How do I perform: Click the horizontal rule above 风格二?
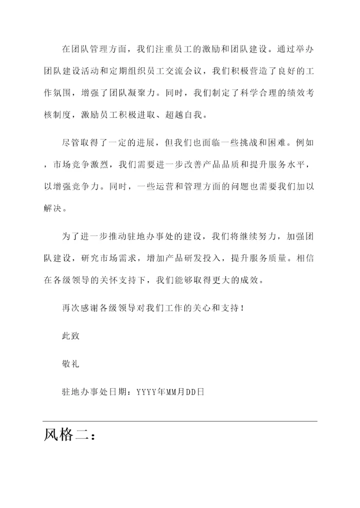point(180,421)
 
